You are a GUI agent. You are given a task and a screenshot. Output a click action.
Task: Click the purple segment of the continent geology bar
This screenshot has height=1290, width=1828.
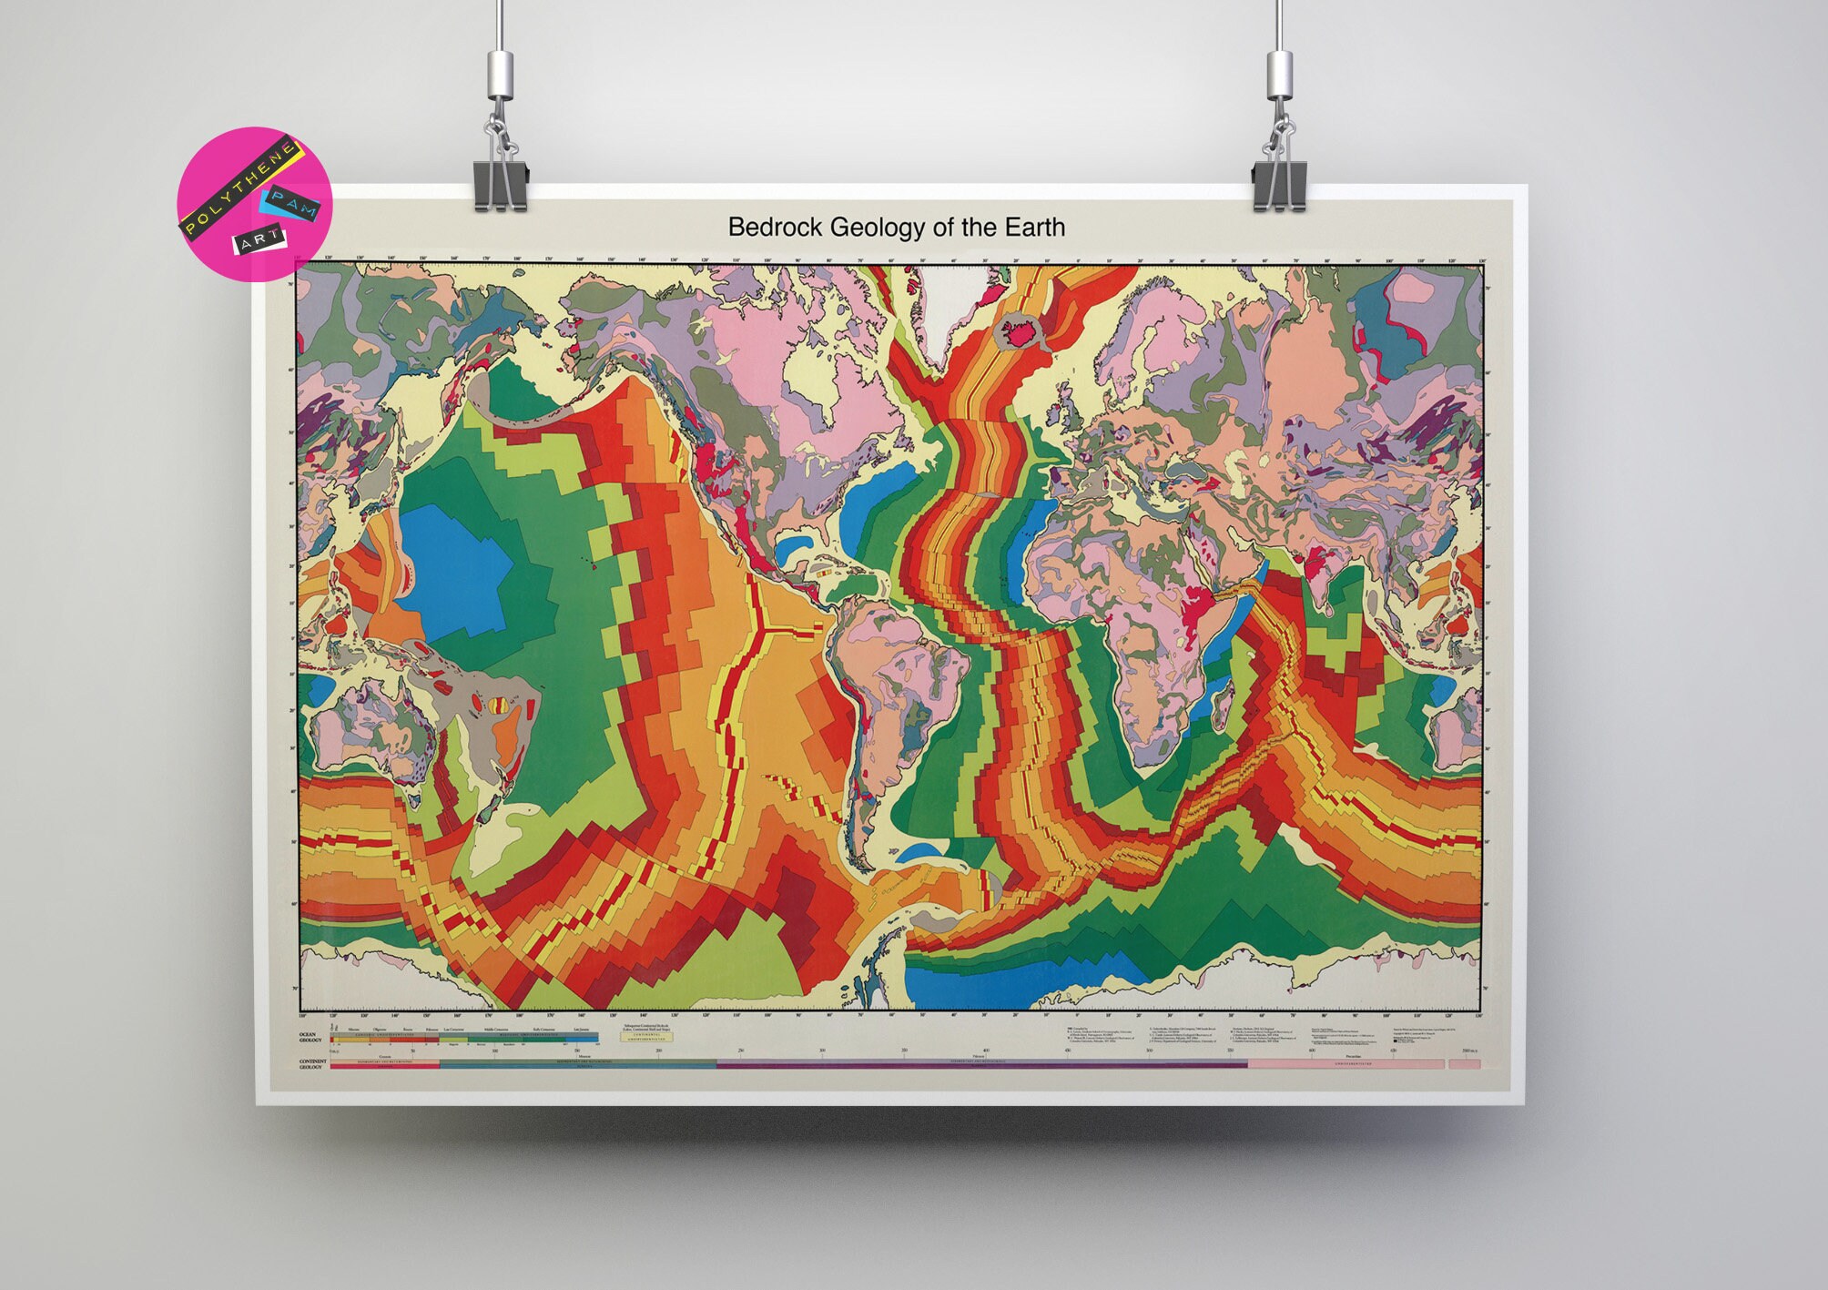tap(910, 1063)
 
